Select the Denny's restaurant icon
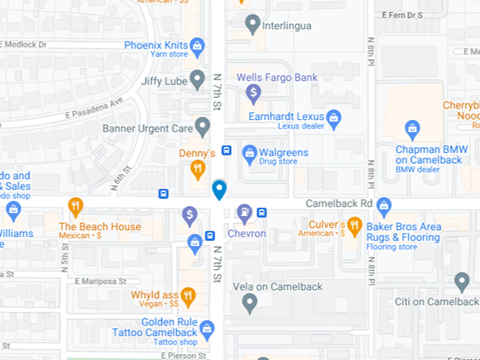(198, 169)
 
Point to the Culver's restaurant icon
(354, 225)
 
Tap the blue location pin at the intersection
(219, 188)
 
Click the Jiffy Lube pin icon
(198, 79)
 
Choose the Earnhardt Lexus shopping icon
(333, 118)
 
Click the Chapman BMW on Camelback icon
(412, 128)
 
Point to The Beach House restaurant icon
(75, 206)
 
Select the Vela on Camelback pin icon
(249, 304)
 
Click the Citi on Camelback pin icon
(462, 282)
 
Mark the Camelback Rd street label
(338, 204)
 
